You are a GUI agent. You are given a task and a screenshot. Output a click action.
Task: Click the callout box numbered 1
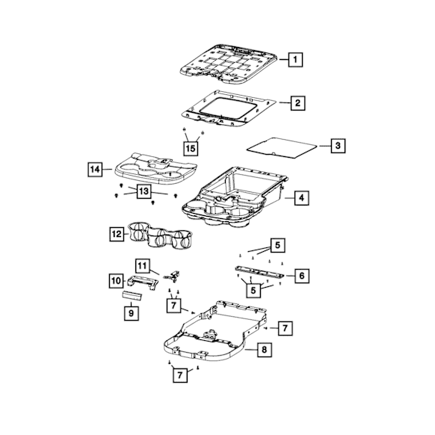point(295,59)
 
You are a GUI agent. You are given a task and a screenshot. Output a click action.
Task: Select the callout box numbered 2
point(297,103)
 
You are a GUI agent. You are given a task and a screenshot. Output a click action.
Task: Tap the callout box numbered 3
point(338,145)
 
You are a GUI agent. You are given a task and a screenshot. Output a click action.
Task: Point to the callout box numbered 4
point(301,198)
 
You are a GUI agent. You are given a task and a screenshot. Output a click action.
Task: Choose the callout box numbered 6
point(302,276)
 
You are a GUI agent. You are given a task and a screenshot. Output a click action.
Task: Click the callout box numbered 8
point(264,349)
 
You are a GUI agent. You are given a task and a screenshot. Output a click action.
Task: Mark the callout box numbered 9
point(132,313)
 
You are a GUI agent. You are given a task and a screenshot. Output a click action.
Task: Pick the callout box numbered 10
point(116,281)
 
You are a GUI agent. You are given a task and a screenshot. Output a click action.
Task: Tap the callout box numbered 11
point(143,266)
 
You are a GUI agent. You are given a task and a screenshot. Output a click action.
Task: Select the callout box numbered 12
point(117,234)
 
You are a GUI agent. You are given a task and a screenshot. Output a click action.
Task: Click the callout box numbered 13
point(144,191)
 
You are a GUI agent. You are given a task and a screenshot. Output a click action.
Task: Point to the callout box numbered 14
point(95,169)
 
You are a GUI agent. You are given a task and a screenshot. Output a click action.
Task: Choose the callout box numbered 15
point(191,148)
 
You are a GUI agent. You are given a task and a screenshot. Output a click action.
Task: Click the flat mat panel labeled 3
point(282,148)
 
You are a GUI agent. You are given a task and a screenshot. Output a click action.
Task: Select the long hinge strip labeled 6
point(259,271)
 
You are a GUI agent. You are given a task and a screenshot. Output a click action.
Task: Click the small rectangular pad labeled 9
point(132,296)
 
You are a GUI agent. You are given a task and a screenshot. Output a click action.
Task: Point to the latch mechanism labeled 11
point(172,276)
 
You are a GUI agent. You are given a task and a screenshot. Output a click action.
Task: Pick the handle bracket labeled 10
point(143,283)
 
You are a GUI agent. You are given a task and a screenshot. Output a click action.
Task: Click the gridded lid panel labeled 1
point(229,64)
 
